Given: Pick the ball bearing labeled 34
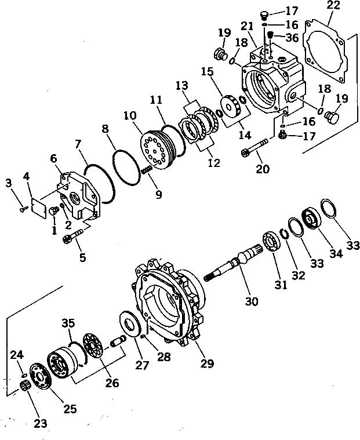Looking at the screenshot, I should (x=310, y=221).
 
